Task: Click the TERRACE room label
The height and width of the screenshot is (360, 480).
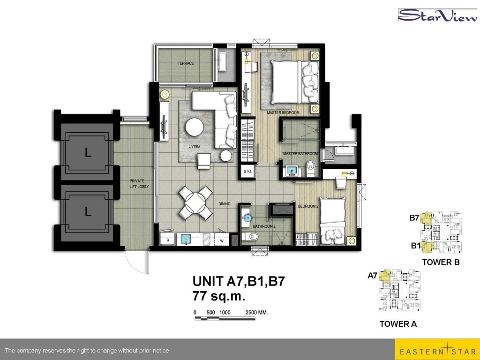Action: [x=186, y=63]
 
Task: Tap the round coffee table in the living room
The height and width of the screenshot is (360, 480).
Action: [x=195, y=127]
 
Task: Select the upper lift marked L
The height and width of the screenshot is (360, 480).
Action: [x=88, y=152]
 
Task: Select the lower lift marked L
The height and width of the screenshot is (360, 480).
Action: [x=88, y=211]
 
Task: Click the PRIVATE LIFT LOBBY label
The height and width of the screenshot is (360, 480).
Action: [x=139, y=184]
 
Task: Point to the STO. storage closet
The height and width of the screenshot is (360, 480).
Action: [x=247, y=172]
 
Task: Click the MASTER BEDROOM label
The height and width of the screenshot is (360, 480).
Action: [x=283, y=112]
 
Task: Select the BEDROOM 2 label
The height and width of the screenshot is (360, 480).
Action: [x=308, y=206]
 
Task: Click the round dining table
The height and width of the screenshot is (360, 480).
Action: [x=195, y=202]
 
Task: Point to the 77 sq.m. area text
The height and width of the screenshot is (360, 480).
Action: [x=219, y=296]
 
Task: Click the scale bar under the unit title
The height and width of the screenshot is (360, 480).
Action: [x=225, y=319]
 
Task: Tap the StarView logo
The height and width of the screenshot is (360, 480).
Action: [x=438, y=15]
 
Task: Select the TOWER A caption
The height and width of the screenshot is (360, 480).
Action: [x=398, y=324]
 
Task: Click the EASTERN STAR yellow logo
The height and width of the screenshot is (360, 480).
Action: [x=437, y=349]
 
